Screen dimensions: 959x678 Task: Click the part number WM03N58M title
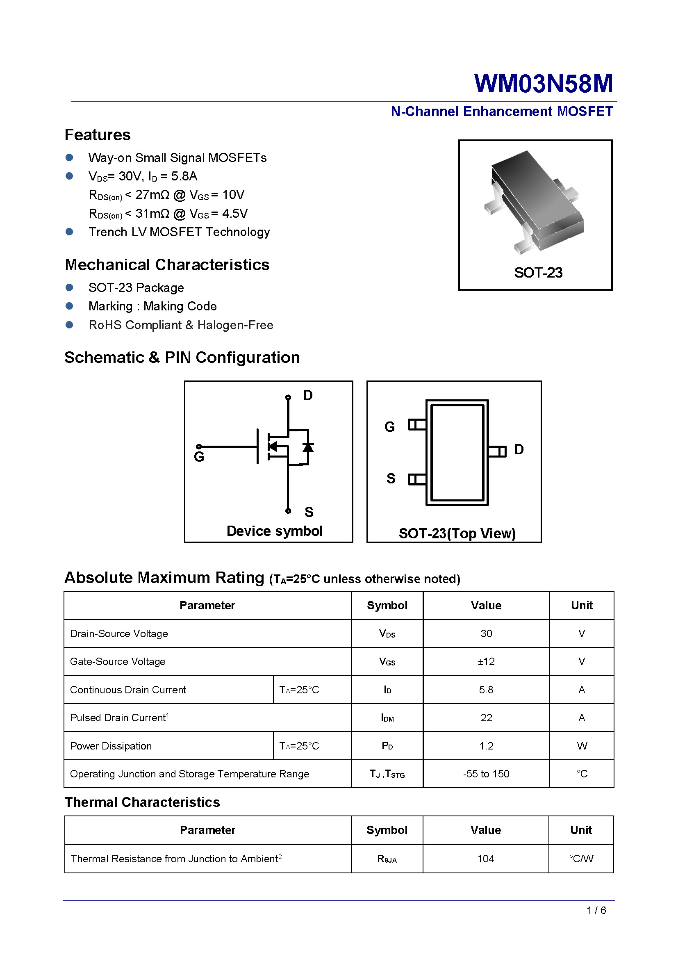pos(543,84)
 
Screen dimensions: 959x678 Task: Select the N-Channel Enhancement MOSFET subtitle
pos(502,112)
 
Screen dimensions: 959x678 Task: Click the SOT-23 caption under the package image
pos(538,273)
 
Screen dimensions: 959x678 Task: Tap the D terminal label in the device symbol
pos(308,395)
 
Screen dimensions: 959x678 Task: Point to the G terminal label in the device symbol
pos(199,457)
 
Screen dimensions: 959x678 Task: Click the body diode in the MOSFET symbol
pos(308,447)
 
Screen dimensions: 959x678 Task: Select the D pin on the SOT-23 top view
pos(497,451)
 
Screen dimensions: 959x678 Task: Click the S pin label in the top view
pos(391,478)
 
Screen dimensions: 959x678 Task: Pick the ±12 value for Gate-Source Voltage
pos(486,662)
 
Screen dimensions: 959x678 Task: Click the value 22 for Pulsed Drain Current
pos(486,718)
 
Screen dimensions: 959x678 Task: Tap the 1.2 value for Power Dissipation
pos(486,746)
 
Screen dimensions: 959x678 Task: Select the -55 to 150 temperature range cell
pos(486,774)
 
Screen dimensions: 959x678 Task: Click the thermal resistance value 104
pos(485,859)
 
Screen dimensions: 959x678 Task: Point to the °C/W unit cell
pos(581,859)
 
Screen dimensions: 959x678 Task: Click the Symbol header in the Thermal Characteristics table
pos(387,830)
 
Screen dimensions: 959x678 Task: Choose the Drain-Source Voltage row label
pos(119,633)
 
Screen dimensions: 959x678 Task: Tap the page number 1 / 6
pos(596,911)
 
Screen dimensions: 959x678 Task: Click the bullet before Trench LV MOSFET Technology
pos(69,232)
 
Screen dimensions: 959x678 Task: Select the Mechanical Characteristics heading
pos(167,265)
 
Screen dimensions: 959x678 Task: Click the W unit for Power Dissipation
pos(582,746)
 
